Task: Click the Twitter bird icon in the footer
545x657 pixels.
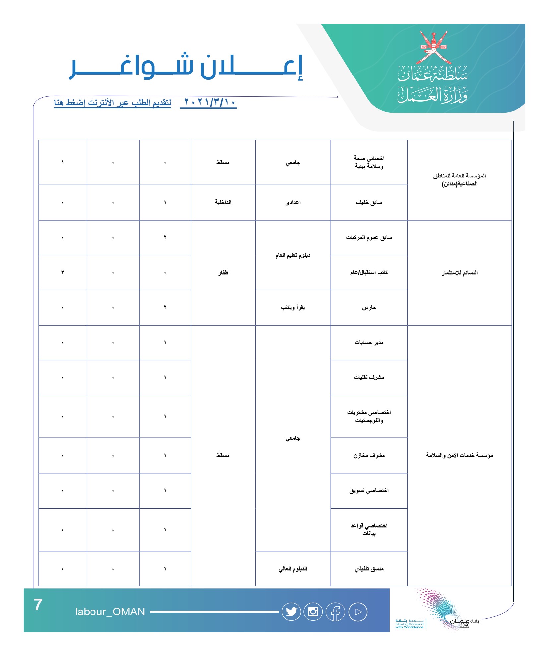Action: [x=291, y=612]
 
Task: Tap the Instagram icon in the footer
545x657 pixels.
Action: [x=313, y=612]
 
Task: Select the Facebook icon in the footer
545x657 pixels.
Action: [x=335, y=612]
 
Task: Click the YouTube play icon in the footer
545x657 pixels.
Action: [x=358, y=612]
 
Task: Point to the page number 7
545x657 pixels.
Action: [x=38, y=605]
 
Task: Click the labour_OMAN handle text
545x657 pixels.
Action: [x=110, y=612]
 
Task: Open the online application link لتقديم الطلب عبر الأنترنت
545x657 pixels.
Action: [x=113, y=103]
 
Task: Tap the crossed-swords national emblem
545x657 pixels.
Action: [x=433, y=48]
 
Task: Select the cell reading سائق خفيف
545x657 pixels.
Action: [x=369, y=202]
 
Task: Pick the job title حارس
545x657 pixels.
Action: [x=369, y=308]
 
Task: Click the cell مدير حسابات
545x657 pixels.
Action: [x=369, y=342]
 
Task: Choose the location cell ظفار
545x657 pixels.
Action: [x=223, y=273]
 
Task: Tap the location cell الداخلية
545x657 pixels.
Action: [x=223, y=202]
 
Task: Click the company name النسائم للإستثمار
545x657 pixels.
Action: [x=459, y=273]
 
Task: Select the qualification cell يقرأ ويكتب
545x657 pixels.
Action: [x=293, y=308]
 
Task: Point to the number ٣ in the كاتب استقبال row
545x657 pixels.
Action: [x=63, y=272]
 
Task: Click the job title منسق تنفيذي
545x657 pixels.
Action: [x=369, y=569]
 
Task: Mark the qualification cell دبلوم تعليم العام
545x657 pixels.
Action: [x=293, y=255]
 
